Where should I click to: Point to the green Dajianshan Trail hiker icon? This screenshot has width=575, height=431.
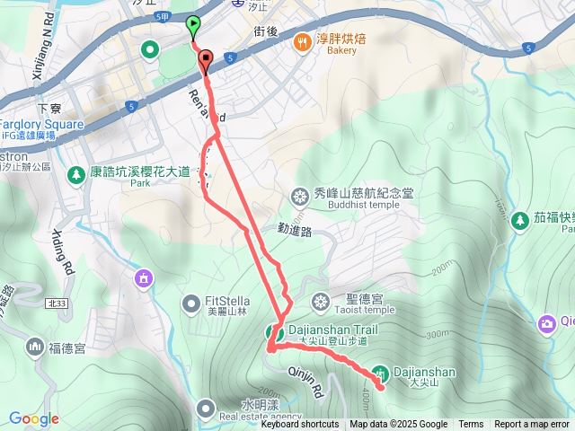click(x=273, y=333)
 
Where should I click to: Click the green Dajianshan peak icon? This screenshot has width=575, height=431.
click(x=380, y=373)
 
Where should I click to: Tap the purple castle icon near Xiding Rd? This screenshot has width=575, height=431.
click(x=141, y=280)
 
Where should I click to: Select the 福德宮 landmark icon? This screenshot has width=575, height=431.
click(x=34, y=346)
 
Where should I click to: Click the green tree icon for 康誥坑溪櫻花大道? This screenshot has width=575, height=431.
click(x=77, y=172)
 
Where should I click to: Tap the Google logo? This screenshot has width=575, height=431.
click(x=33, y=418)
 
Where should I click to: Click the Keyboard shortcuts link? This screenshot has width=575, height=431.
click(x=299, y=425)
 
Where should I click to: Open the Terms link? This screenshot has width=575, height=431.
click(x=471, y=425)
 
